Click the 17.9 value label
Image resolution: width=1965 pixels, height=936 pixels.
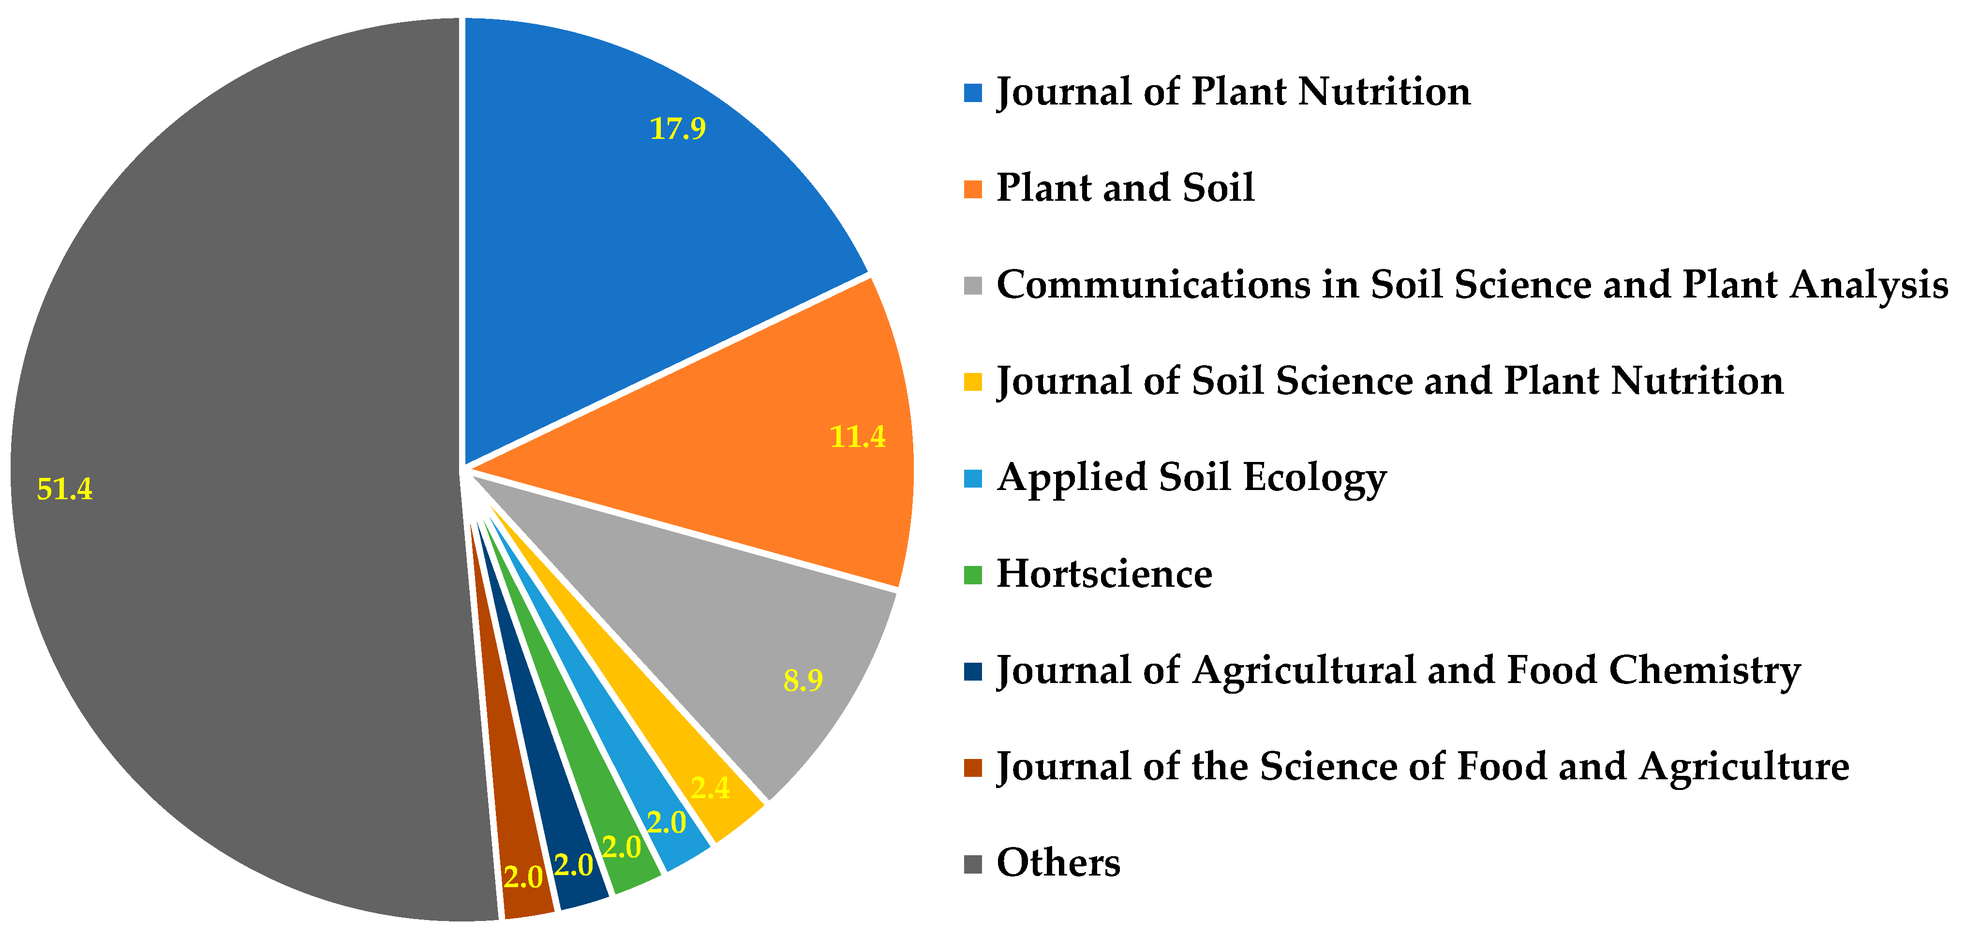pyautogui.click(x=677, y=128)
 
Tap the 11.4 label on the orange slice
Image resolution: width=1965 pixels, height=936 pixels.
pyautogui.click(x=857, y=436)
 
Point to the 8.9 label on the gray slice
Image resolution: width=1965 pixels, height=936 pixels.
pyautogui.click(x=803, y=680)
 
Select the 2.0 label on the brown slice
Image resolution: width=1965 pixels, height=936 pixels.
pyautogui.click(x=523, y=877)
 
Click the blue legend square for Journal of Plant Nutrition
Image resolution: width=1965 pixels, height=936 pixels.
pyautogui.click(x=973, y=93)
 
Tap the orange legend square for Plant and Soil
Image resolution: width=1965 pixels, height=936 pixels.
pyautogui.click(x=973, y=189)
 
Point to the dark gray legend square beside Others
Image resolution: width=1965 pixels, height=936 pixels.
pyautogui.click(x=973, y=864)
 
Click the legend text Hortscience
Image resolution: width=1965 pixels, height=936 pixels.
pyautogui.click(x=1104, y=574)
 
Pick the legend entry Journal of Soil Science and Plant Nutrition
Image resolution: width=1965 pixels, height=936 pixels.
pyautogui.click(x=1390, y=381)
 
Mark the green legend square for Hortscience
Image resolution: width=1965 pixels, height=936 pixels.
pyautogui.click(x=973, y=575)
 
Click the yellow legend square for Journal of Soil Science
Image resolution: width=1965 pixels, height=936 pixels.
pyautogui.click(x=973, y=382)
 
